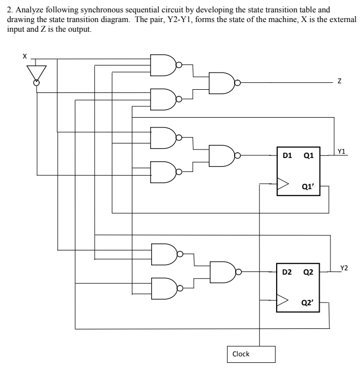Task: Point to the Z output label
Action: pyautogui.click(x=339, y=82)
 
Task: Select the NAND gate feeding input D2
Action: pyautogui.click(x=222, y=272)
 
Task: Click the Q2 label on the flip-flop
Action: pyautogui.click(x=309, y=272)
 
